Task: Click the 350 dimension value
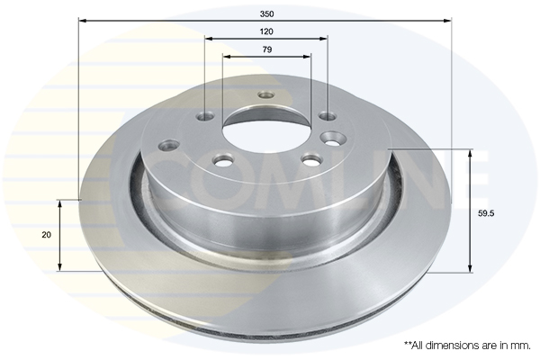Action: coord(266,13)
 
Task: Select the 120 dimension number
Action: coord(266,31)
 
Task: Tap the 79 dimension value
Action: coord(267,49)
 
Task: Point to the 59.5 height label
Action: coord(486,213)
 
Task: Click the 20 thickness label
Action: coord(46,235)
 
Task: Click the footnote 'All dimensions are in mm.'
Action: coord(467,346)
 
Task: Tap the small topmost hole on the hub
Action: coord(266,94)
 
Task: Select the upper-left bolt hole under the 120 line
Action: coord(205,116)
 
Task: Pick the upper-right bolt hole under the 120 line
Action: coord(328,116)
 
